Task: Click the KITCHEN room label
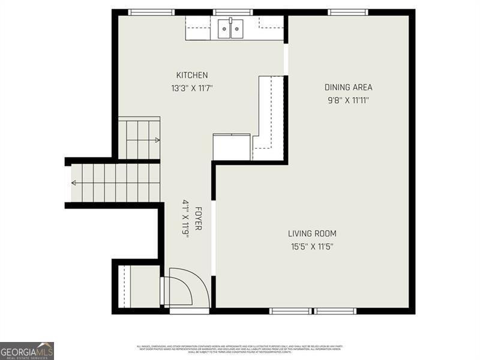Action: [192, 76]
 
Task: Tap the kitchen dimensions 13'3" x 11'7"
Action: [192, 88]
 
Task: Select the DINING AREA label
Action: [349, 88]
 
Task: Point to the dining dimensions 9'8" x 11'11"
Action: [348, 100]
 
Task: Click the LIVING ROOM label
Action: [312, 233]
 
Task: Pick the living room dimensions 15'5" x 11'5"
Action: [312, 245]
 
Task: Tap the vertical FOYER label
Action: [198, 218]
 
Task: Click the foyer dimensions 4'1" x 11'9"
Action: [186, 218]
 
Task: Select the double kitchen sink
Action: [230, 28]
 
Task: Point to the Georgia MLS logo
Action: [27, 350]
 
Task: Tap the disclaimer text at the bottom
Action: [240, 349]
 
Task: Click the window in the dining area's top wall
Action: [347, 12]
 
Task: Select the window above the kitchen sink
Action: [232, 12]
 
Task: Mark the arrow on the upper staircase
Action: [157, 140]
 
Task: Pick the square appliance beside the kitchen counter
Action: [232, 148]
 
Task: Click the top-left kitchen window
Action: [151, 12]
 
